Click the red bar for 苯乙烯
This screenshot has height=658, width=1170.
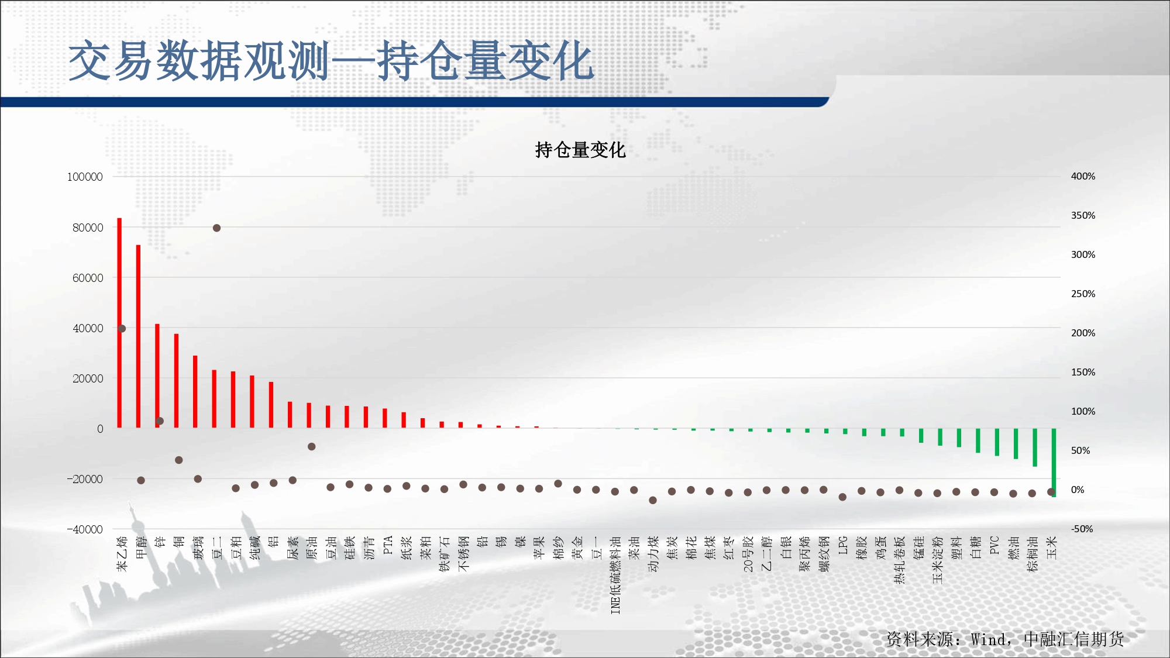tap(119, 323)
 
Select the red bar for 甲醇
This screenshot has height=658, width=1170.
tap(138, 336)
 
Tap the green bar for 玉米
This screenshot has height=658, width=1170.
tap(1054, 463)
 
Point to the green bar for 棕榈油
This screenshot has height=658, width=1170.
tap(1035, 447)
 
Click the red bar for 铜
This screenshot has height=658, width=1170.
tap(176, 381)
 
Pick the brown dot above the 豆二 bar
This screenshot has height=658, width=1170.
tap(216, 228)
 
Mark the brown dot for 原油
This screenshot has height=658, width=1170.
tap(312, 447)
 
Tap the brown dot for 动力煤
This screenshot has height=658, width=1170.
tap(653, 500)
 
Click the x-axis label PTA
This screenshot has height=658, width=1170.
tap(388, 546)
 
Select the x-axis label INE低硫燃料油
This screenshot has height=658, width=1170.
tap(615, 575)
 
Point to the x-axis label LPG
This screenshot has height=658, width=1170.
tap(843, 546)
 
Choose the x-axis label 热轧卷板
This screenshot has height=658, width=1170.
tap(900, 560)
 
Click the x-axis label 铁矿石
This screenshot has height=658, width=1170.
tap(445, 554)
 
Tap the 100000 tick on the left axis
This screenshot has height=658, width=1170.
tap(85, 177)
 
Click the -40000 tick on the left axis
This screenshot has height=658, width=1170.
tap(85, 529)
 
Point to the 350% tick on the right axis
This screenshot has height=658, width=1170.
tap(1083, 215)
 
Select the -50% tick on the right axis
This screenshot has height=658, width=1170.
tap(1082, 529)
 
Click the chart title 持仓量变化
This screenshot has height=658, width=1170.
tap(580, 150)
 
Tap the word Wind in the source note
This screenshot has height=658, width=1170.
tap(989, 639)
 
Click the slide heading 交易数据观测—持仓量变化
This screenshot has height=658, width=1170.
tap(331, 61)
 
